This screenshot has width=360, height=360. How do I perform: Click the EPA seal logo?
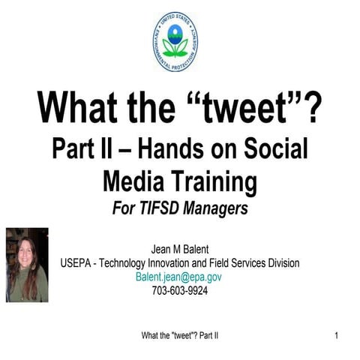point(175,41)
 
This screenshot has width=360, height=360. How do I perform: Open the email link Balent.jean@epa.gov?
point(178,277)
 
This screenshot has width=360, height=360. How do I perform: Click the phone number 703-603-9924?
point(179,290)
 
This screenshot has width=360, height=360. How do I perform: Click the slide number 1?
point(337,334)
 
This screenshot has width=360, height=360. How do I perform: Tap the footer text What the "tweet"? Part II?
point(179,334)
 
